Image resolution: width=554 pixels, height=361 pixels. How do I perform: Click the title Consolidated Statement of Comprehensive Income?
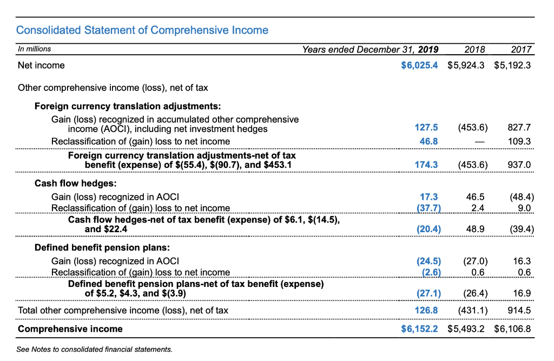(142, 30)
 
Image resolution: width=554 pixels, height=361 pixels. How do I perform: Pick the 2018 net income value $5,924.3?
(466, 65)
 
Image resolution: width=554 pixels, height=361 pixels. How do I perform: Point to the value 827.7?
(519, 128)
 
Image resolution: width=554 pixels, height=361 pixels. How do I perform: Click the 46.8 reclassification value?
(428, 141)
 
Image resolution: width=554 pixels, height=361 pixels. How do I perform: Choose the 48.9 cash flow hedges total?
(475, 229)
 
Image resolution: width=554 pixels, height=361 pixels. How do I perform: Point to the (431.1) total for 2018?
(472, 310)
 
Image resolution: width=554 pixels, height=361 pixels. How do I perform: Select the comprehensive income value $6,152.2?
(419, 329)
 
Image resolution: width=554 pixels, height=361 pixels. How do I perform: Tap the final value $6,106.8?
(512, 329)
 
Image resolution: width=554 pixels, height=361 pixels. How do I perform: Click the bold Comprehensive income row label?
(70, 329)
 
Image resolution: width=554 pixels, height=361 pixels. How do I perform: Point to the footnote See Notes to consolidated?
(95, 350)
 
